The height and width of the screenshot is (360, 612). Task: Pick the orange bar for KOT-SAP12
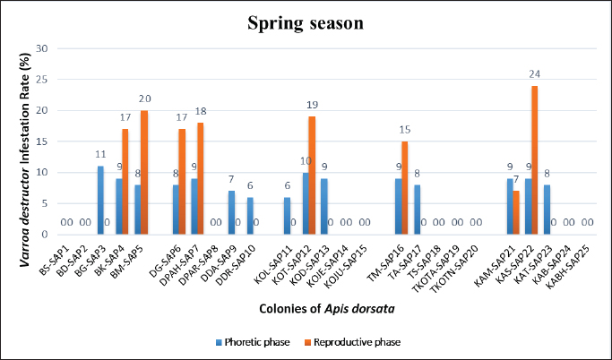pyautogui.click(x=312, y=175)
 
